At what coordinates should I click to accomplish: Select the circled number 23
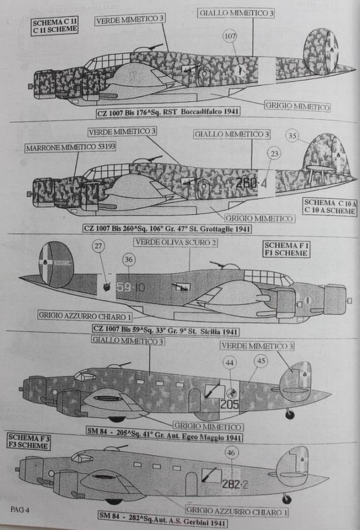pos(274,153)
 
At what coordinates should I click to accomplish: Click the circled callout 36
pos(129,259)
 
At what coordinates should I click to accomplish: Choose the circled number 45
pos(260,361)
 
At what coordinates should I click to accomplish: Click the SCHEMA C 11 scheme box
pos(55,26)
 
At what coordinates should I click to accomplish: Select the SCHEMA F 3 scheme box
pos(28,441)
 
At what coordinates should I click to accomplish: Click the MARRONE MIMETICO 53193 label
pos(55,148)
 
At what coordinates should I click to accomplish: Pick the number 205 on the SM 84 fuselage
pos(229,404)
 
